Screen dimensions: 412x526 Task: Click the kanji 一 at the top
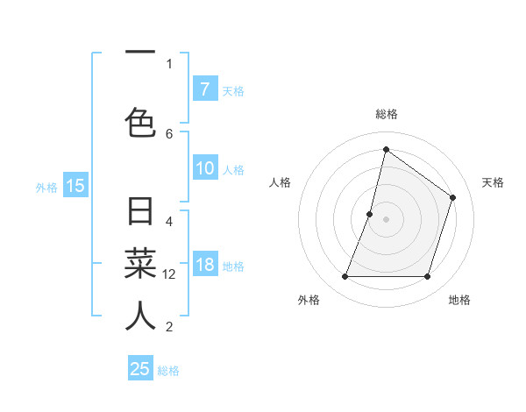[x=140, y=52]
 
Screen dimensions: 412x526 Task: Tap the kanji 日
[x=140, y=213]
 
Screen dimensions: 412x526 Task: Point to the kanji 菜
[x=140, y=264]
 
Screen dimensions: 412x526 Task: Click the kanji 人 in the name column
[x=140, y=316]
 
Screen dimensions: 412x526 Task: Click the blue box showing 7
[x=204, y=89]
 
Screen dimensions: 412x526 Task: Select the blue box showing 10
[x=204, y=168]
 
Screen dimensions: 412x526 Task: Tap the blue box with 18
[x=204, y=265]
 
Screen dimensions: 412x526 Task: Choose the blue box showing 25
[x=140, y=369]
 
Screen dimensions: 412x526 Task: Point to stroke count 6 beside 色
[x=169, y=133]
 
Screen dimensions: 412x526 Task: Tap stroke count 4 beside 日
[x=169, y=221]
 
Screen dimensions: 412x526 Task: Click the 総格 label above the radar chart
[x=387, y=114]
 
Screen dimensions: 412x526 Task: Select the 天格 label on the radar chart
[x=493, y=182]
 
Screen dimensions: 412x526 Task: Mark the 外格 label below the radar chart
[x=309, y=301]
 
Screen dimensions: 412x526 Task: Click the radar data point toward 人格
[x=370, y=214]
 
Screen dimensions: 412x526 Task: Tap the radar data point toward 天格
[x=453, y=198]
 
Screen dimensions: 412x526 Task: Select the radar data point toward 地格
[x=427, y=277]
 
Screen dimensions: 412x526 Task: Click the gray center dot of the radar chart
[x=387, y=219]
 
